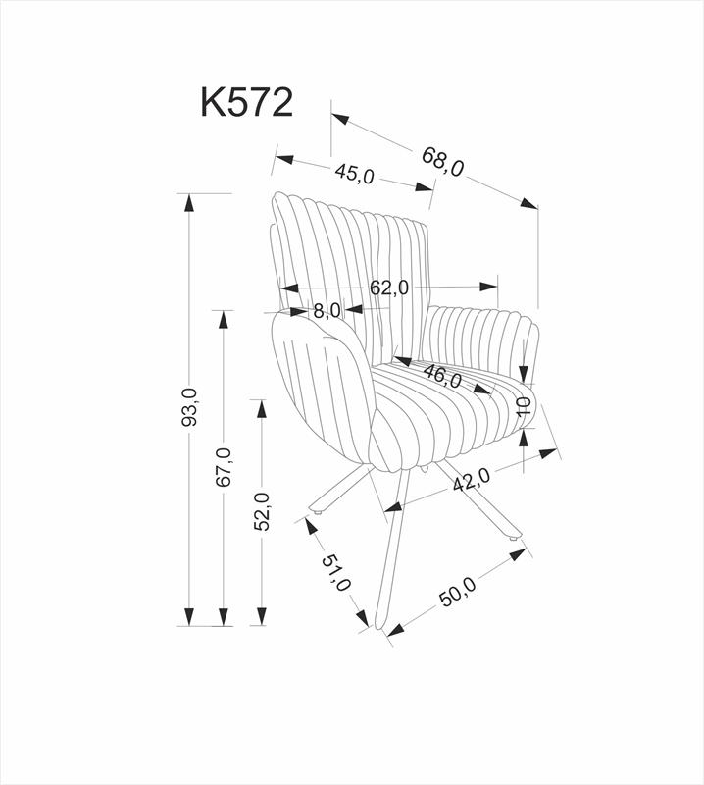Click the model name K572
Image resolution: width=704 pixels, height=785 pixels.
(246, 102)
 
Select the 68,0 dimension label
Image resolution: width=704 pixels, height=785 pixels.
(442, 162)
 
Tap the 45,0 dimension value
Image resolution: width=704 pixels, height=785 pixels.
(355, 174)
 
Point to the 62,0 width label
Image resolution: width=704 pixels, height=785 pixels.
(389, 288)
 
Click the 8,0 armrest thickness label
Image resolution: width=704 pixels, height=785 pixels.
(327, 310)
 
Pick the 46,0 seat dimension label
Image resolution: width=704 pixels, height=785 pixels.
(442, 375)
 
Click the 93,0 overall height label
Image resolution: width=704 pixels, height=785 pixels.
(189, 406)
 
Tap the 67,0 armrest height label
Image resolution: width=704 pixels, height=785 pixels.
(225, 467)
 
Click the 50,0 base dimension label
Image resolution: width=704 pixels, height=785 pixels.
(458, 593)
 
